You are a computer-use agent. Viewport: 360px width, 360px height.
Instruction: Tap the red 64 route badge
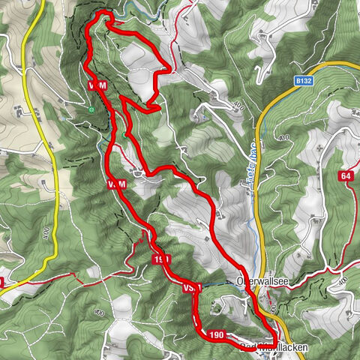pos(345,176)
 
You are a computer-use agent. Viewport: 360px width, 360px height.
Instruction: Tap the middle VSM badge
pos(116,184)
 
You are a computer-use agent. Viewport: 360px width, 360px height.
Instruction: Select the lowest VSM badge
pos(192,287)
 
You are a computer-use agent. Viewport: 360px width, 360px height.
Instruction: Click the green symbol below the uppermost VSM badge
pos(91,109)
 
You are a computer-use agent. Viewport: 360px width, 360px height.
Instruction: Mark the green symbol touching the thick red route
pos(124,134)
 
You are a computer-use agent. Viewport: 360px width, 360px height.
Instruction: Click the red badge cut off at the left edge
pos(1,283)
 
